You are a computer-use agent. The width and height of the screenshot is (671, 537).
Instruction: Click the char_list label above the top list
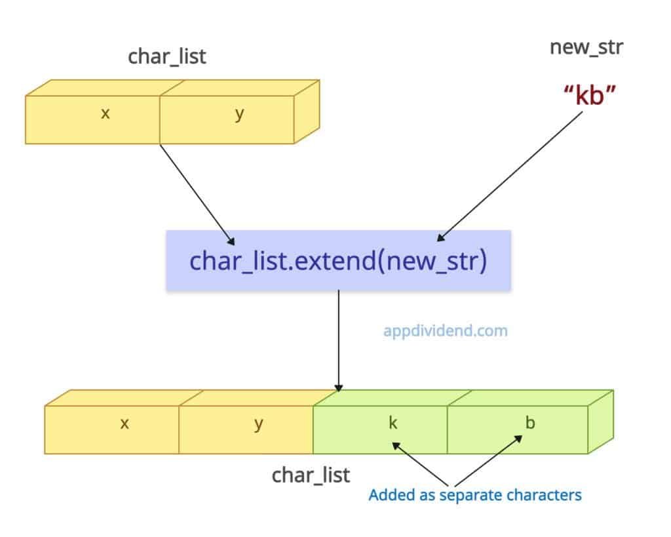click(166, 57)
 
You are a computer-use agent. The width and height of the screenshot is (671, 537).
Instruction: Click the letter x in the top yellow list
click(105, 113)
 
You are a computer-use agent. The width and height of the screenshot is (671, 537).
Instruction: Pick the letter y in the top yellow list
click(239, 113)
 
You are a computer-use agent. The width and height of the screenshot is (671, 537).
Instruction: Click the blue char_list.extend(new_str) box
click(338, 260)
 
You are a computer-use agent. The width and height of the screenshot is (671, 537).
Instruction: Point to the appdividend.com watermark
click(445, 330)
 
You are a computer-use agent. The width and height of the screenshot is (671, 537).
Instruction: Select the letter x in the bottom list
click(125, 423)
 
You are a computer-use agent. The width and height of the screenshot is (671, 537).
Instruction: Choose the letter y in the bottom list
click(258, 424)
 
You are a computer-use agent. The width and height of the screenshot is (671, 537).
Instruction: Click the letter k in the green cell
click(393, 423)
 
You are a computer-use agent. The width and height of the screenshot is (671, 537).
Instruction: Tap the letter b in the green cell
click(529, 423)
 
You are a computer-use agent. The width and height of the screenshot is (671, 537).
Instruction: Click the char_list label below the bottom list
click(311, 475)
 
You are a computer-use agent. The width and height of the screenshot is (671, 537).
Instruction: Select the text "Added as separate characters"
click(475, 494)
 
